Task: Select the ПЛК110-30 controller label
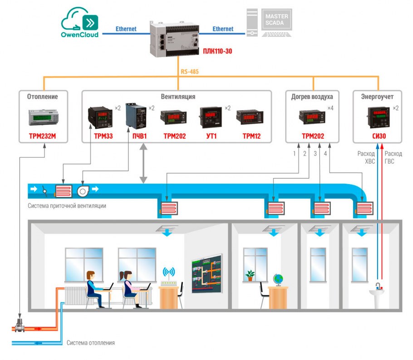tap(217, 51)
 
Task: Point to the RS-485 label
tap(190, 71)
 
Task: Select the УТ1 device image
tap(210, 117)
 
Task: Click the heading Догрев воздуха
tap(312, 97)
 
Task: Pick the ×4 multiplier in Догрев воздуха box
tap(330, 108)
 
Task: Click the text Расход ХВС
tap(366, 157)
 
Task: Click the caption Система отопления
tap(91, 343)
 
